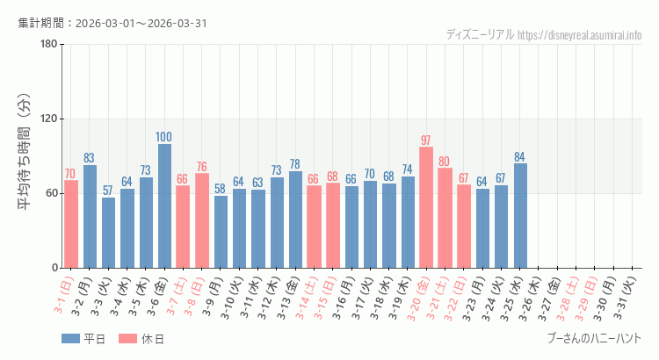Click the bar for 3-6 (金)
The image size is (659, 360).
(x=164, y=205)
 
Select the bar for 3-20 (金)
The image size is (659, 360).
(x=426, y=207)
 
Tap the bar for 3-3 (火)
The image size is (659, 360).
(x=108, y=233)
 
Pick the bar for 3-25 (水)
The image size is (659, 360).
(x=520, y=215)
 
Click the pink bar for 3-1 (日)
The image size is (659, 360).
(x=71, y=224)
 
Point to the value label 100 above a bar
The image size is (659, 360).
(x=164, y=137)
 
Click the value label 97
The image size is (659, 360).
(x=426, y=140)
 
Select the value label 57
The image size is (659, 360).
(x=108, y=191)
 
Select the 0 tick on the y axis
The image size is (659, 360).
(x=54, y=268)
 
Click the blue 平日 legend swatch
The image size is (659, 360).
(x=70, y=339)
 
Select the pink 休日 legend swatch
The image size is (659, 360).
(x=127, y=339)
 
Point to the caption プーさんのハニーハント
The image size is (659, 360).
(x=593, y=338)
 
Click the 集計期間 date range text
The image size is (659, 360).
(x=112, y=23)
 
